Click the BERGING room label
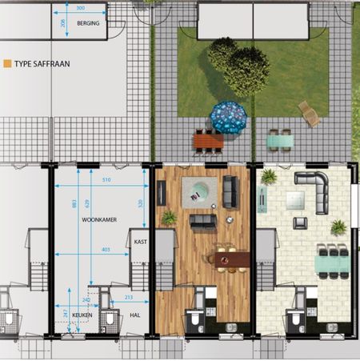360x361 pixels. [x=88, y=24]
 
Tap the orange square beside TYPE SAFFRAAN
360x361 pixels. [x=7, y=61]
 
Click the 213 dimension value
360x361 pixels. [x=129, y=299]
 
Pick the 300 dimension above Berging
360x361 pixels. [x=81, y=8]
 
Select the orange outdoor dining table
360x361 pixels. [x=209, y=142]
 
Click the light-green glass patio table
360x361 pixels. [x=280, y=141]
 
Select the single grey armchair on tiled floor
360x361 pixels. [x=299, y=223]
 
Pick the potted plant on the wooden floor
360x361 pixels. [x=169, y=217]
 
